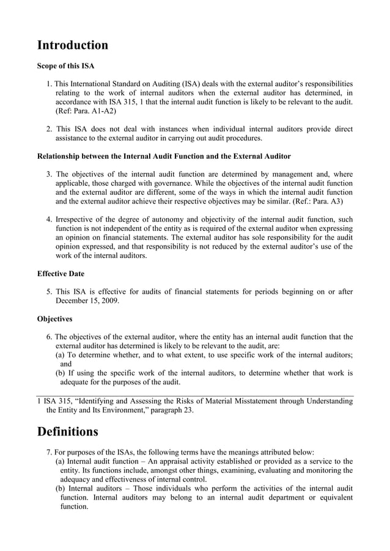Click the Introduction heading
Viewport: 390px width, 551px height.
pos(73,45)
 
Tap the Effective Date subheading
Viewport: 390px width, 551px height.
pos(61,274)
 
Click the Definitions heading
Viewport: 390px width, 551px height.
pos(67,432)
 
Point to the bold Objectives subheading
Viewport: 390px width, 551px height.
pos(54,319)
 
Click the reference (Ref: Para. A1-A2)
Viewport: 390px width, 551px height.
pos(86,112)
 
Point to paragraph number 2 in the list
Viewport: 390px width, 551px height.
pos(49,130)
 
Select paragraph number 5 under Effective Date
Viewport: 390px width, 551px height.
pos(49,292)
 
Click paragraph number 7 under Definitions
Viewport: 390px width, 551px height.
pos(49,452)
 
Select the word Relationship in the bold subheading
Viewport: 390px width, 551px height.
pos(61,156)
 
